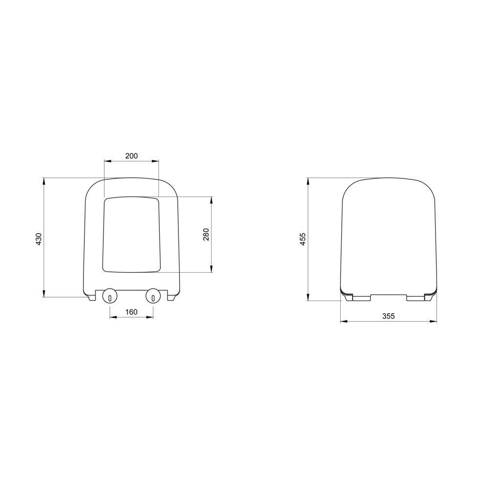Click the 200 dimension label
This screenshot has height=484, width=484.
pyautogui.click(x=132, y=156)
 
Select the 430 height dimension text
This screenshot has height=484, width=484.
pyautogui.click(x=39, y=239)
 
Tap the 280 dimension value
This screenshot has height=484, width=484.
pyautogui.click(x=206, y=235)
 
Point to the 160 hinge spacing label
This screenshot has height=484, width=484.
pyautogui.click(x=131, y=312)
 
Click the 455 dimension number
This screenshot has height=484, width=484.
pyautogui.click(x=303, y=239)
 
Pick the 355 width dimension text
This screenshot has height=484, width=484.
pyautogui.click(x=388, y=316)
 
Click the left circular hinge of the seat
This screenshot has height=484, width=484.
pyautogui.click(x=110, y=296)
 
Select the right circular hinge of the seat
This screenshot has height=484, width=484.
pyautogui.click(x=153, y=296)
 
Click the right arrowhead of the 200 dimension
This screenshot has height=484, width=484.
pyautogui.click(x=155, y=161)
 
